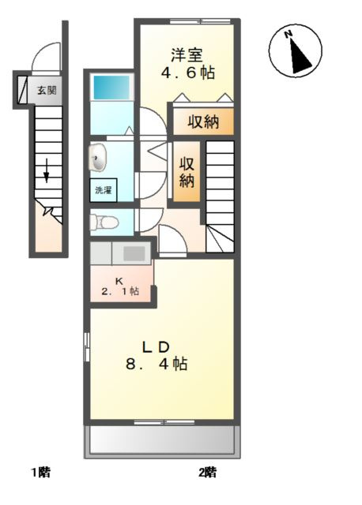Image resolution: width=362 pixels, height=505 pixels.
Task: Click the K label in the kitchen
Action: click(x=119, y=279)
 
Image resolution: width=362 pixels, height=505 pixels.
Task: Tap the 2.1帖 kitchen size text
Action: click(x=119, y=291)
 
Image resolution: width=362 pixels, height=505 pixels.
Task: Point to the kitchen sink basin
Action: click(x=134, y=253)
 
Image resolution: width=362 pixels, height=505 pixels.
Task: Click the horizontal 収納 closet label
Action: click(x=202, y=122)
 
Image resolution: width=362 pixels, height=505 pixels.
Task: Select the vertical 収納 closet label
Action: click(x=187, y=172)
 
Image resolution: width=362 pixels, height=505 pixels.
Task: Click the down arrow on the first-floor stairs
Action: click(x=47, y=170)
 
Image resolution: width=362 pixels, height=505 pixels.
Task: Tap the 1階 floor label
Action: click(x=40, y=473)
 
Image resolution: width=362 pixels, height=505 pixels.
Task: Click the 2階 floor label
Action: click(x=206, y=473)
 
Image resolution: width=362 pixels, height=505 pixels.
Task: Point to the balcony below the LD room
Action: click(x=161, y=440)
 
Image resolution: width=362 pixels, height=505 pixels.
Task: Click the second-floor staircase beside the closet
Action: click(x=220, y=193)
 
